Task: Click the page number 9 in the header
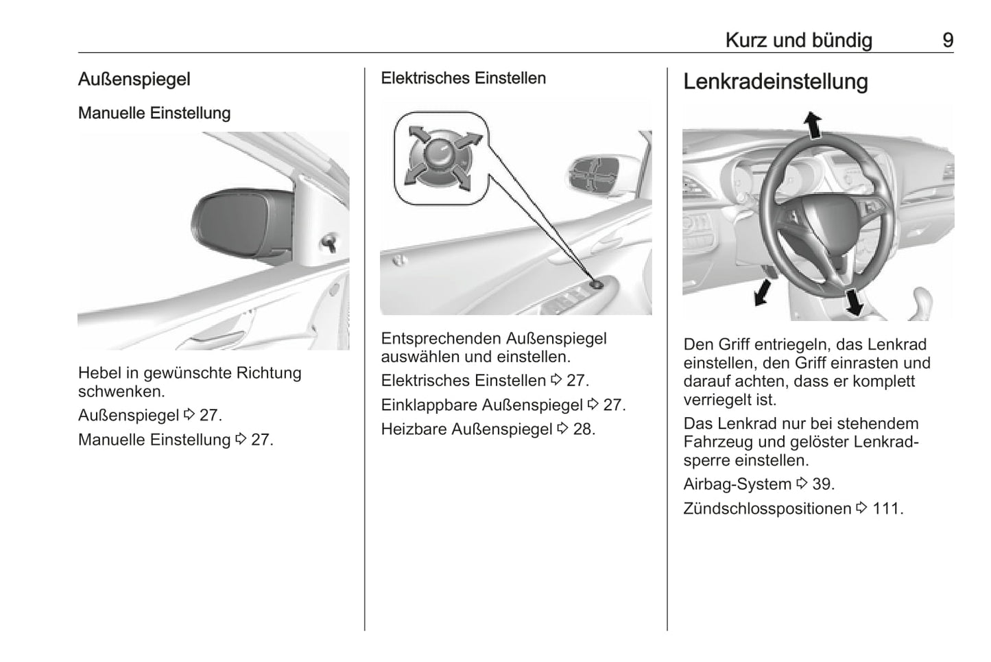pyautogui.click(x=948, y=40)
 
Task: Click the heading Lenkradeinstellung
pyautogui.click(x=776, y=82)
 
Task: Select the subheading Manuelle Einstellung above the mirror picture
pyautogui.click(x=154, y=113)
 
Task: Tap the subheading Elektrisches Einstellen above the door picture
pyautogui.click(x=463, y=78)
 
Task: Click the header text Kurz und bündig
pyautogui.click(x=799, y=40)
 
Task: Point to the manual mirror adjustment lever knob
pyautogui.click(x=329, y=242)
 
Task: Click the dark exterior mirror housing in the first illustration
pyautogui.click(x=243, y=226)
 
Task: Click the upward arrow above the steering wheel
pyautogui.click(x=813, y=124)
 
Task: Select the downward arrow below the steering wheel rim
pyautogui.click(x=854, y=302)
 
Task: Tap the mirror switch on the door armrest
pyautogui.click(x=597, y=285)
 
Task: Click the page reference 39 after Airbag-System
pyautogui.click(x=821, y=484)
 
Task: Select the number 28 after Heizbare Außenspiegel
pyautogui.click(x=582, y=429)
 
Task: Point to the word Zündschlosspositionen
pyautogui.click(x=767, y=508)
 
